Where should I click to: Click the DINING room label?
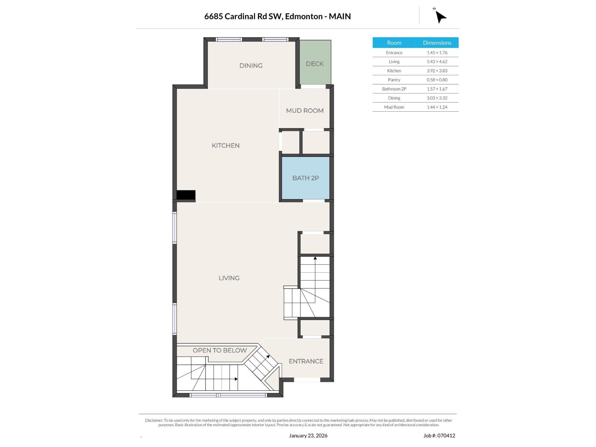[251, 66]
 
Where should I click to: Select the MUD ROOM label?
[304, 111]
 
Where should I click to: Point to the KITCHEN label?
[225, 146]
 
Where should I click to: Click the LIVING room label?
[229, 278]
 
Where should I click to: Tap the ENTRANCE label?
[305, 361]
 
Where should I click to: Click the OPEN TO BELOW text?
[219, 351]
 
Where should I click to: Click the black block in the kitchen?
[186, 195]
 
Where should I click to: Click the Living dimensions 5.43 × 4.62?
[437, 62]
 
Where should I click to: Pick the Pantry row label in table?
[394, 80]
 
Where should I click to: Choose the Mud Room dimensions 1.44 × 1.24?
[437, 107]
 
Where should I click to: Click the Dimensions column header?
[437, 43]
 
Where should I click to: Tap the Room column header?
[394, 43]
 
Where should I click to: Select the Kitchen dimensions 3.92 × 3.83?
[437, 71]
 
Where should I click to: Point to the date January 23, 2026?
[308, 435]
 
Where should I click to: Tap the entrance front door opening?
[307, 380]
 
